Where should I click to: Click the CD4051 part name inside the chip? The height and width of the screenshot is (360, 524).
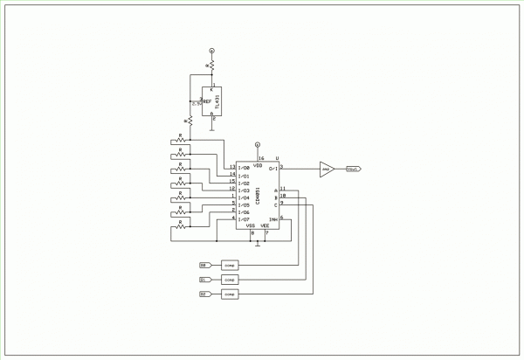tap(259, 191)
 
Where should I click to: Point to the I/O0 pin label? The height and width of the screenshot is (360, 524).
tap(244, 166)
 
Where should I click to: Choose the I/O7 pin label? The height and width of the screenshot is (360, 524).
tap(244, 218)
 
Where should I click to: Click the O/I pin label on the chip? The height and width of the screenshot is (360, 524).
tap(272, 168)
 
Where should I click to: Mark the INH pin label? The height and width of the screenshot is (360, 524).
tap(272, 218)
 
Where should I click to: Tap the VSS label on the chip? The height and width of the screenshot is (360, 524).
tap(252, 225)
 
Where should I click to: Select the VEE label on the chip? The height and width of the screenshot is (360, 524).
tap(265, 225)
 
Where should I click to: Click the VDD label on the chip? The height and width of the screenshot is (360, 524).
tap(258, 164)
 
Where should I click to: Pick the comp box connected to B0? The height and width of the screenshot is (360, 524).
tap(230, 264)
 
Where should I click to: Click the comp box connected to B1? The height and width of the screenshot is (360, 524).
tap(230, 280)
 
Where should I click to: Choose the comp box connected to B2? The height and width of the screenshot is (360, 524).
tap(230, 295)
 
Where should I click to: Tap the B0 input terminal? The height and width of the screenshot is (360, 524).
tap(204, 264)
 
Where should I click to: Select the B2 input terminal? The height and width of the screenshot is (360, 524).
tap(204, 295)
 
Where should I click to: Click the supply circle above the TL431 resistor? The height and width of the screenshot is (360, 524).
tap(211, 52)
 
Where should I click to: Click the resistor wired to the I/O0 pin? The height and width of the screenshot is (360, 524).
tap(181, 140)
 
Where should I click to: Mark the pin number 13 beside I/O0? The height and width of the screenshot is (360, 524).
tap(231, 165)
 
